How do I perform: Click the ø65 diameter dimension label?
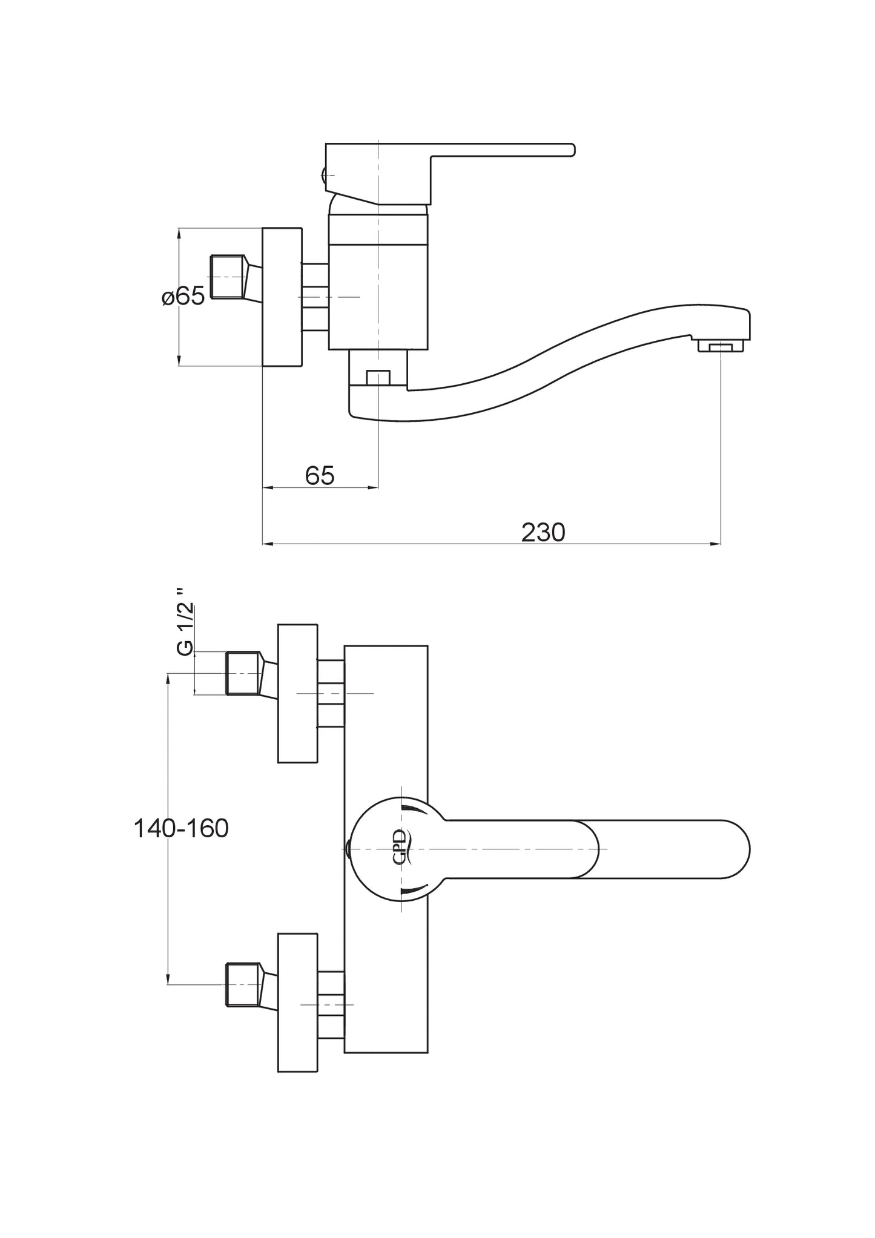point(183,296)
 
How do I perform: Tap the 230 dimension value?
point(543,532)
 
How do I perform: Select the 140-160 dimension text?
point(181,828)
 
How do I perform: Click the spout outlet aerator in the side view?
point(720,347)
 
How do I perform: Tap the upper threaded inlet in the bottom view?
point(244,673)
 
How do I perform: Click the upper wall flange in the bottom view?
point(297,693)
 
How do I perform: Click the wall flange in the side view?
point(282,297)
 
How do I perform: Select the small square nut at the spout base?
point(377,378)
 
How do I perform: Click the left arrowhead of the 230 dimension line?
point(267,544)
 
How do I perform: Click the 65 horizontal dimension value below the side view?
point(320,476)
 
